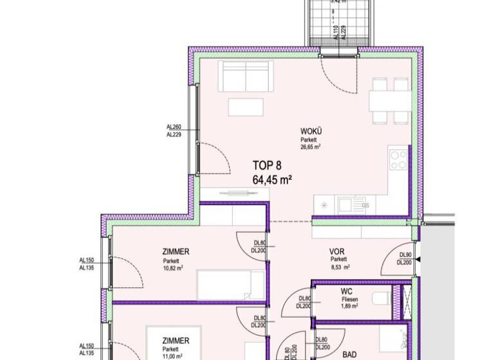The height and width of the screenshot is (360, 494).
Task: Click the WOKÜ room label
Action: (311, 131)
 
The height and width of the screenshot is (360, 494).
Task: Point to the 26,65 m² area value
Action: (310, 147)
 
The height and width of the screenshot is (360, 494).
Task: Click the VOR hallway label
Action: (337, 251)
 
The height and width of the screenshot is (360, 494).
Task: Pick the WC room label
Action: (347, 291)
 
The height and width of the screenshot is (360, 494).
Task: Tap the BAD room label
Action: (349, 354)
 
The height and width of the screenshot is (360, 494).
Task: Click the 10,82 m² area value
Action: (174, 268)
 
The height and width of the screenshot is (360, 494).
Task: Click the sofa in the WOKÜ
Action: (246, 76)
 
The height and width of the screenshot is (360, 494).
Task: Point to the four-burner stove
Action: (398, 159)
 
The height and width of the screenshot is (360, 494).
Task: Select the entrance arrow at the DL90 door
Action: (419, 259)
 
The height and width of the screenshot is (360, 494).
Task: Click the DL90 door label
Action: (404, 255)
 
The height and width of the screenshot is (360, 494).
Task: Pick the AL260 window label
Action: (174, 127)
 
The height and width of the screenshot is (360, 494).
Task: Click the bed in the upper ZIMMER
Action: (230, 285)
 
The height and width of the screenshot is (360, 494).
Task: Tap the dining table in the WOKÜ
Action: (390, 102)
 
